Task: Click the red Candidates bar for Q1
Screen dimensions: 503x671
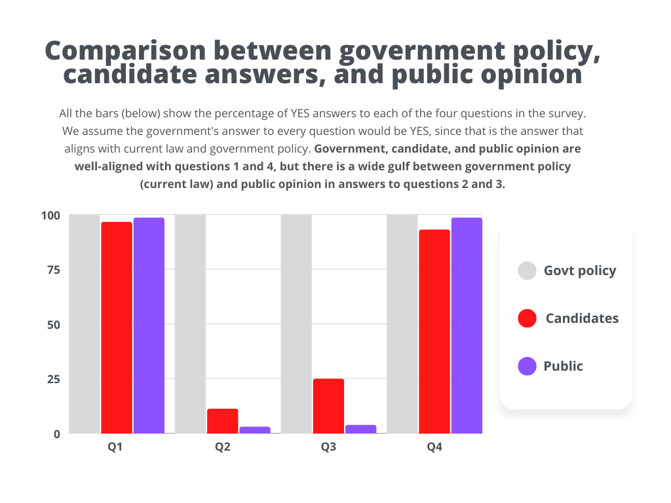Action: click(117, 327)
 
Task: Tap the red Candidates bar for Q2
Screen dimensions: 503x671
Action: click(223, 421)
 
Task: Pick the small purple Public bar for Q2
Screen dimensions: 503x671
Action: click(255, 430)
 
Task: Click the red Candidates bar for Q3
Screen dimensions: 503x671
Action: click(328, 406)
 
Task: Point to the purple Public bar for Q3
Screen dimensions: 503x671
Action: click(360, 429)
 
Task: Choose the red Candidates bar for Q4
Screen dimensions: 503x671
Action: click(434, 331)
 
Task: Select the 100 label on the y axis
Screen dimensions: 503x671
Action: click(50, 215)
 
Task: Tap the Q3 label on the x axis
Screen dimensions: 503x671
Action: click(328, 448)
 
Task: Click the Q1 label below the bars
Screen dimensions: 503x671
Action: click(116, 448)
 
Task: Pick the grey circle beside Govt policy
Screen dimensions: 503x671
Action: click(527, 270)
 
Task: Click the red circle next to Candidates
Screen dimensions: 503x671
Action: click(527, 318)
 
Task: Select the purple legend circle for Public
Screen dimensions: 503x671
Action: click(527, 366)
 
